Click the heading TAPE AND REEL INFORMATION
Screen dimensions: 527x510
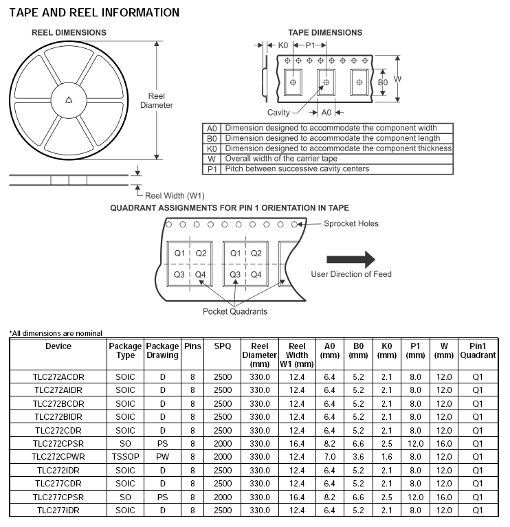[94, 12]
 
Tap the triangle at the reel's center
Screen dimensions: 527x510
[69, 100]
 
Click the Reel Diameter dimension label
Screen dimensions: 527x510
[157, 100]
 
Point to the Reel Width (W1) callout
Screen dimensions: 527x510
[175, 195]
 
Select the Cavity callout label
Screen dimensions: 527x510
[279, 112]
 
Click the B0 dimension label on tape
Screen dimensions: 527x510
[383, 82]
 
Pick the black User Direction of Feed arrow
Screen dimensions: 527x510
[351, 259]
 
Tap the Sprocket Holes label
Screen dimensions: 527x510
[351, 223]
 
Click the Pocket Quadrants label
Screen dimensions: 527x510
[235, 311]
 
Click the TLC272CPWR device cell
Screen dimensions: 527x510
[58, 456]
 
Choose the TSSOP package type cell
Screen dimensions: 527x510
[125, 456]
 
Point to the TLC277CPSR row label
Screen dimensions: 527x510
[58, 496]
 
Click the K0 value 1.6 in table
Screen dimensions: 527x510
[387, 456]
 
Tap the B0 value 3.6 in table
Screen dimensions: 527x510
[357, 456]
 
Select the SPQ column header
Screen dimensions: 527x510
[222, 346]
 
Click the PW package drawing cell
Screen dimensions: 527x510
[162, 456]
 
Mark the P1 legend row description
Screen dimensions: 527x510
[297, 168]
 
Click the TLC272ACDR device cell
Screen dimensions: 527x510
[58, 377]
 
